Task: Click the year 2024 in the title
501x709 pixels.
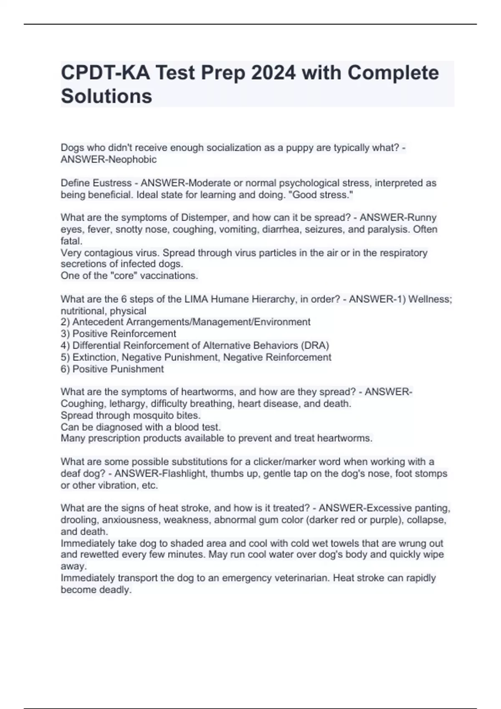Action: pos(273,73)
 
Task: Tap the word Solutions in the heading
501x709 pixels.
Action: pos(106,96)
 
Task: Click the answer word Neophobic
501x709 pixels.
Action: pos(132,159)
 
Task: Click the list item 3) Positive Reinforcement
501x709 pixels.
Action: pos(119,334)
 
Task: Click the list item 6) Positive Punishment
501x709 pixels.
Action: pos(112,369)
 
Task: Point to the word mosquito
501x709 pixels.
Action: pos(152,415)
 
